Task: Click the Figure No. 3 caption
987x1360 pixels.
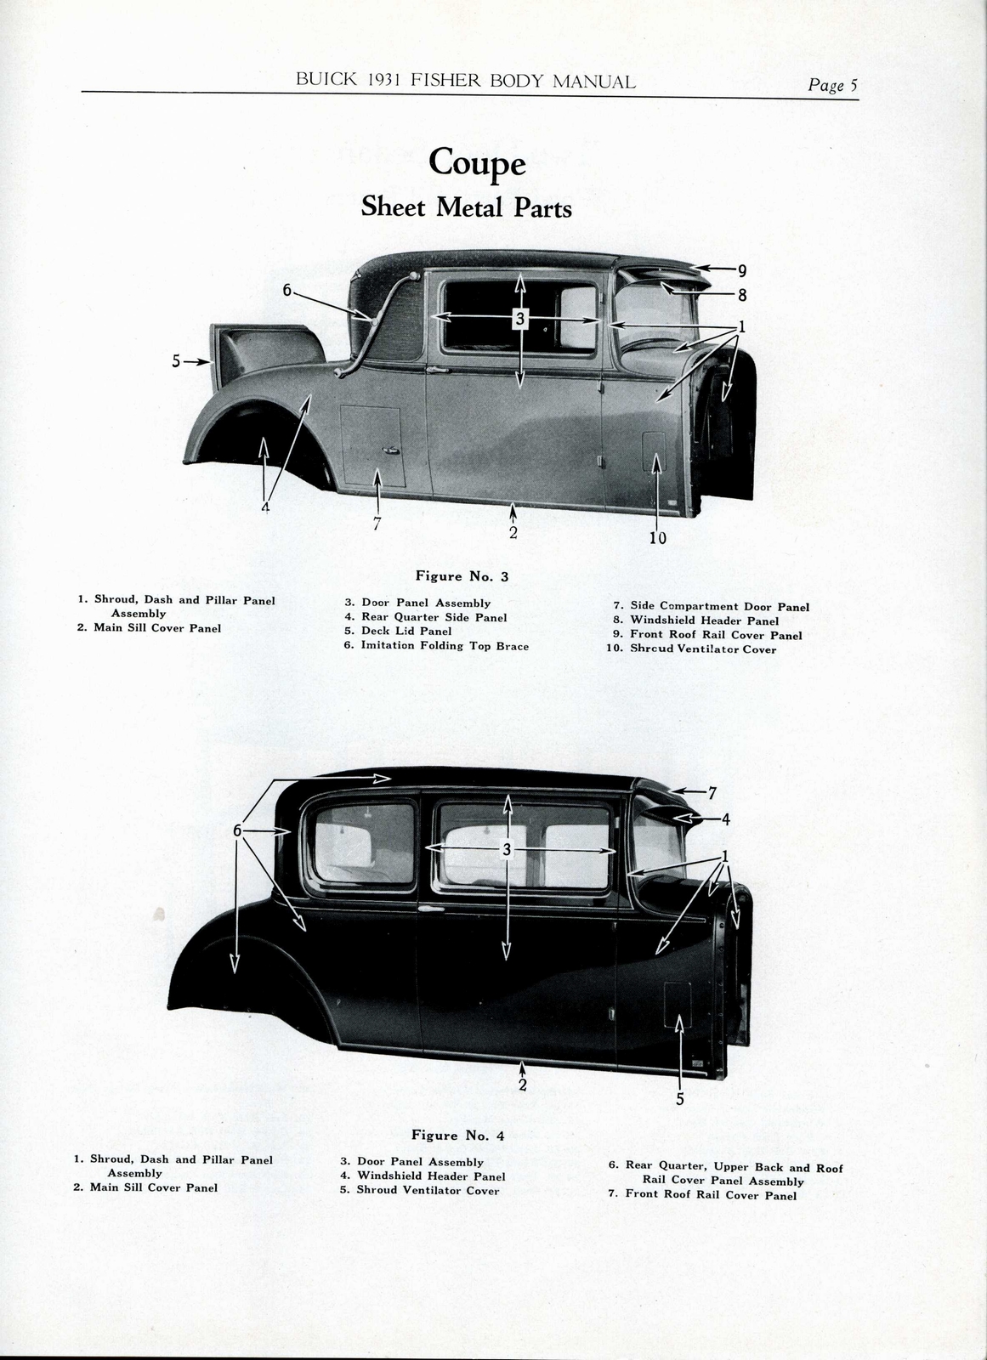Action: pyautogui.click(x=462, y=576)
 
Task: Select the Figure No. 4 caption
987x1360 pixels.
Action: pyautogui.click(x=457, y=1136)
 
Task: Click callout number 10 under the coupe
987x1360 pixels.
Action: pyautogui.click(x=657, y=537)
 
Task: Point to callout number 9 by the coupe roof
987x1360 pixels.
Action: pyautogui.click(x=741, y=271)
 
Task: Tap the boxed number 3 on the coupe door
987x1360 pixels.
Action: pyautogui.click(x=519, y=319)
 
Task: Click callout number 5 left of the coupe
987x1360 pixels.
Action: pyautogui.click(x=176, y=361)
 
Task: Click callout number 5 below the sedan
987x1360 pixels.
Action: pyautogui.click(x=679, y=1099)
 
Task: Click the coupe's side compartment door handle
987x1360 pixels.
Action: pyautogui.click(x=390, y=450)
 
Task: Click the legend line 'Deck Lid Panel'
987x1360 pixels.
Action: pyautogui.click(x=406, y=632)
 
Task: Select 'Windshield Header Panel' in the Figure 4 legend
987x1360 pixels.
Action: pyautogui.click(x=430, y=1176)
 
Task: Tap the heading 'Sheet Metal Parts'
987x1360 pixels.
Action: pyautogui.click(x=466, y=207)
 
